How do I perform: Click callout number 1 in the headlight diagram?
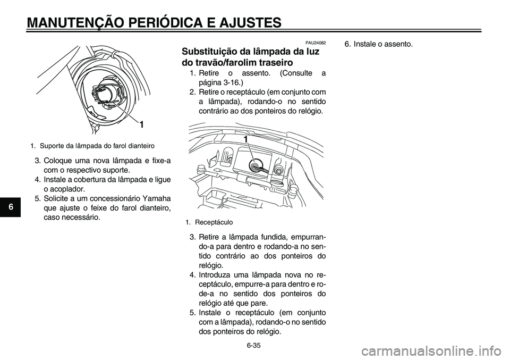[142, 124]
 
